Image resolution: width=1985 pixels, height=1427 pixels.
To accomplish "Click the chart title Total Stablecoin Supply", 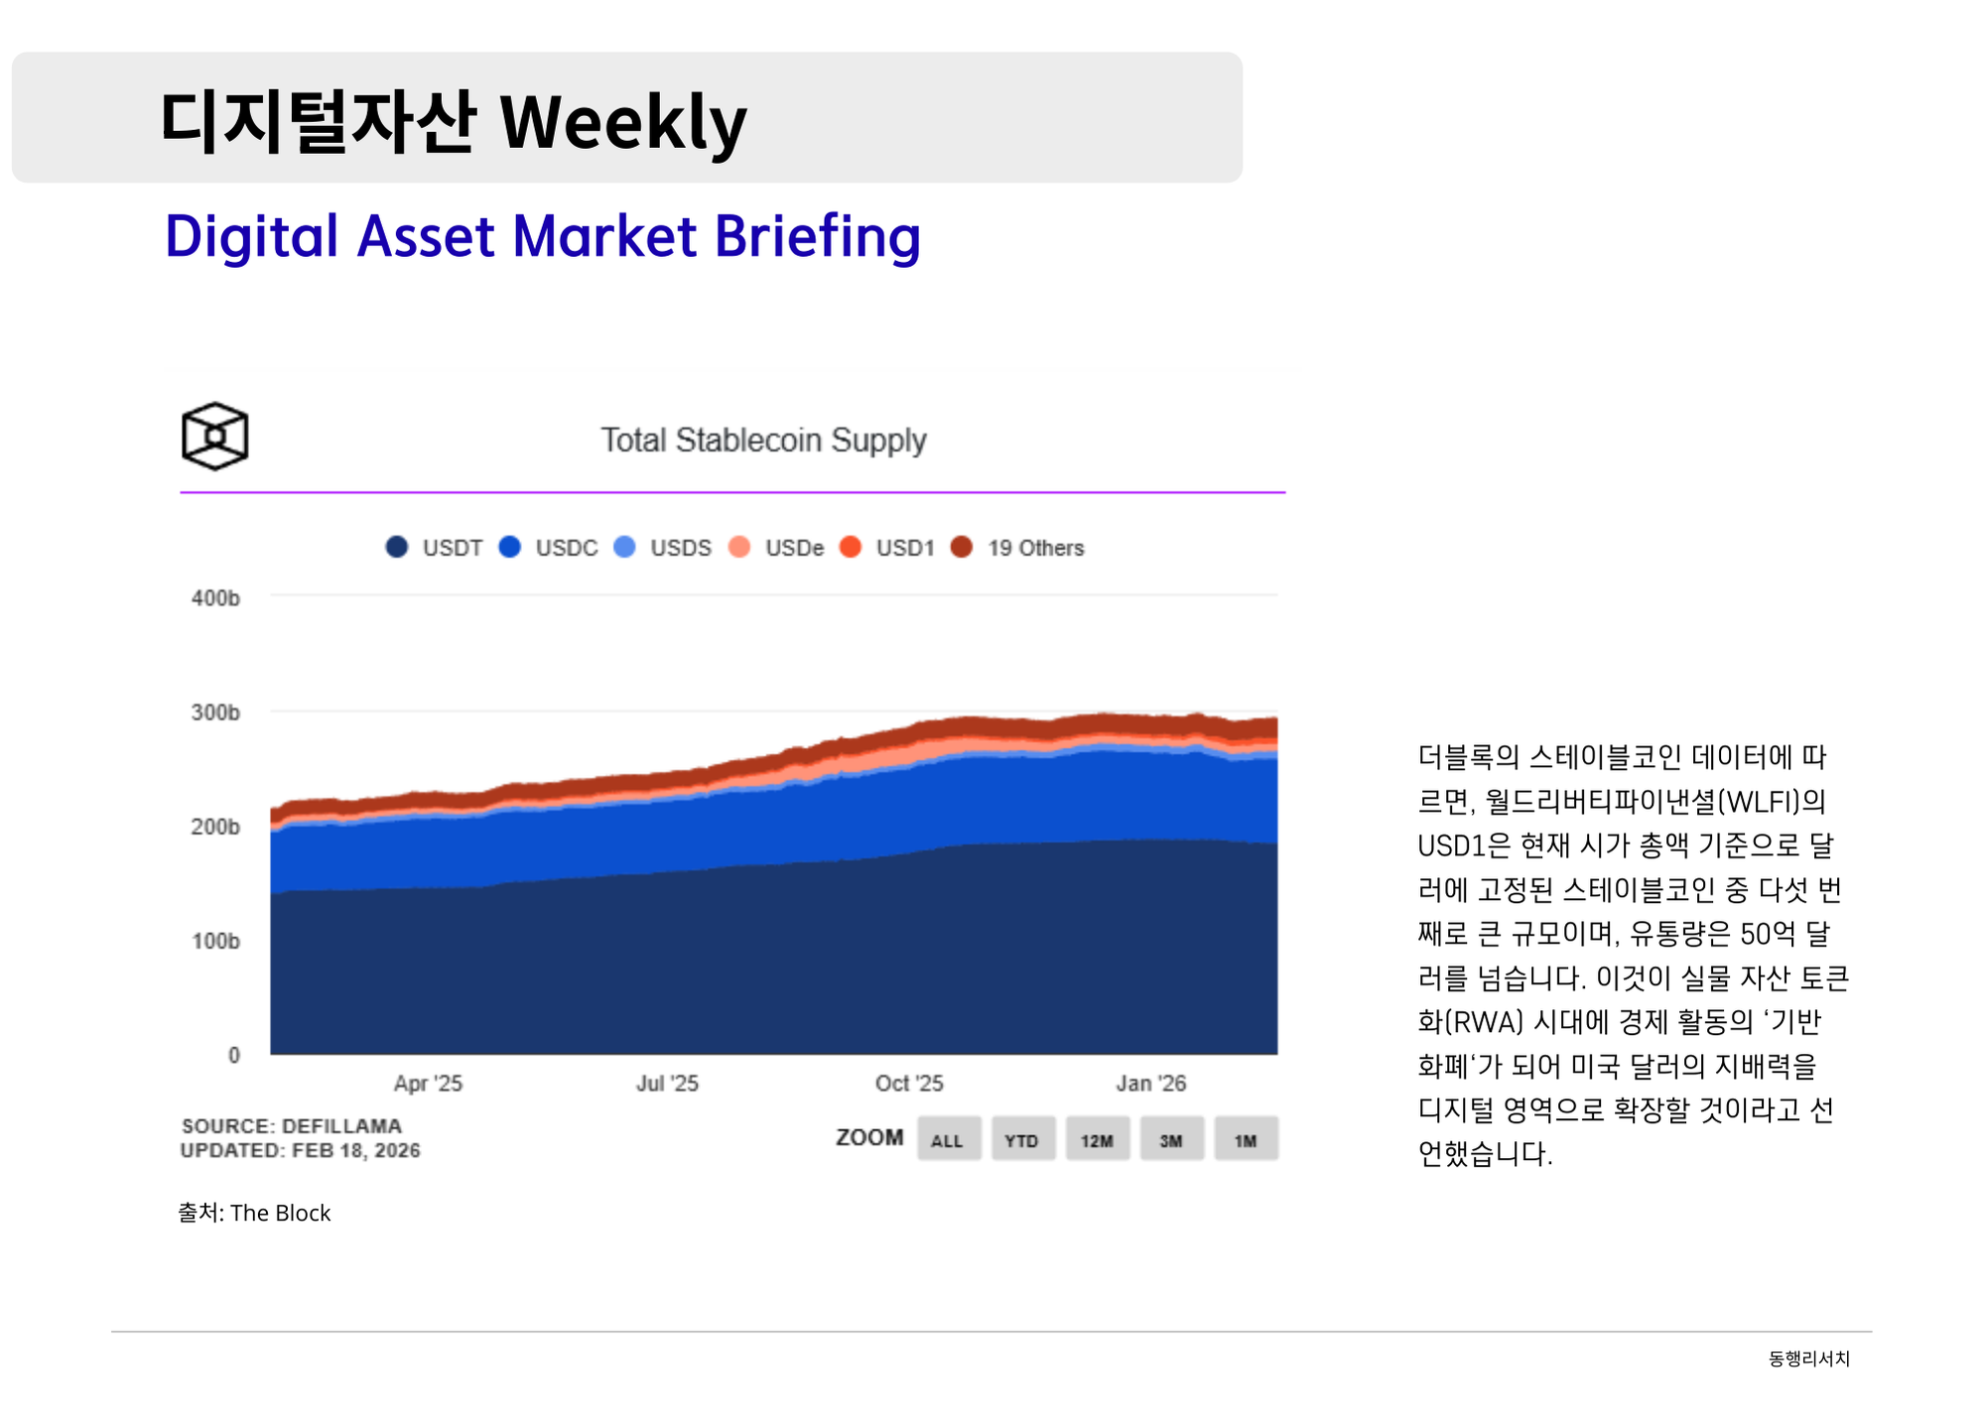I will point(762,440).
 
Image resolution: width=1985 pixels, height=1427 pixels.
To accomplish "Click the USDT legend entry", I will point(435,548).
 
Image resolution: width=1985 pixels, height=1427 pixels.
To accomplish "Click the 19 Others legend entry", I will point(1018,548).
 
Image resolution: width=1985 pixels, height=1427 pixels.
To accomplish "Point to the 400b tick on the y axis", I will point(215,598).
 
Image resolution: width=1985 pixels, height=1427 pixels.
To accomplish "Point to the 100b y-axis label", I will point(215,941).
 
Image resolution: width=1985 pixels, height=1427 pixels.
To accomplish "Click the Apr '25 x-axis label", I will point(428,1083).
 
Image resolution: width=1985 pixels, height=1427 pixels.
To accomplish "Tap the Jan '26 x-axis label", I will point(1150,1083).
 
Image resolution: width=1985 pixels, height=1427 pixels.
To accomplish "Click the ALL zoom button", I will point(948,1139).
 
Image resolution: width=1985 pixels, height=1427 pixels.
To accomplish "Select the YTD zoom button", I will point(1021,1139).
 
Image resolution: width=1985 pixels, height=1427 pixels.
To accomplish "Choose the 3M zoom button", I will point(1171,1139).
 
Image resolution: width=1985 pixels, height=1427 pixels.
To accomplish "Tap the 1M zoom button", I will point(1246,1139).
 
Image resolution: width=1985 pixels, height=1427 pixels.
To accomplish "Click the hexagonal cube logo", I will point(214,436).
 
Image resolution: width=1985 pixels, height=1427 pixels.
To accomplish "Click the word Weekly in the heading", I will point(623,123).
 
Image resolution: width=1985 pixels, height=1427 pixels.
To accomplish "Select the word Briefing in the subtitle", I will point(817,237).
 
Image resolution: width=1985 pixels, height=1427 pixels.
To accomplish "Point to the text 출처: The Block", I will point(254,1213).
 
